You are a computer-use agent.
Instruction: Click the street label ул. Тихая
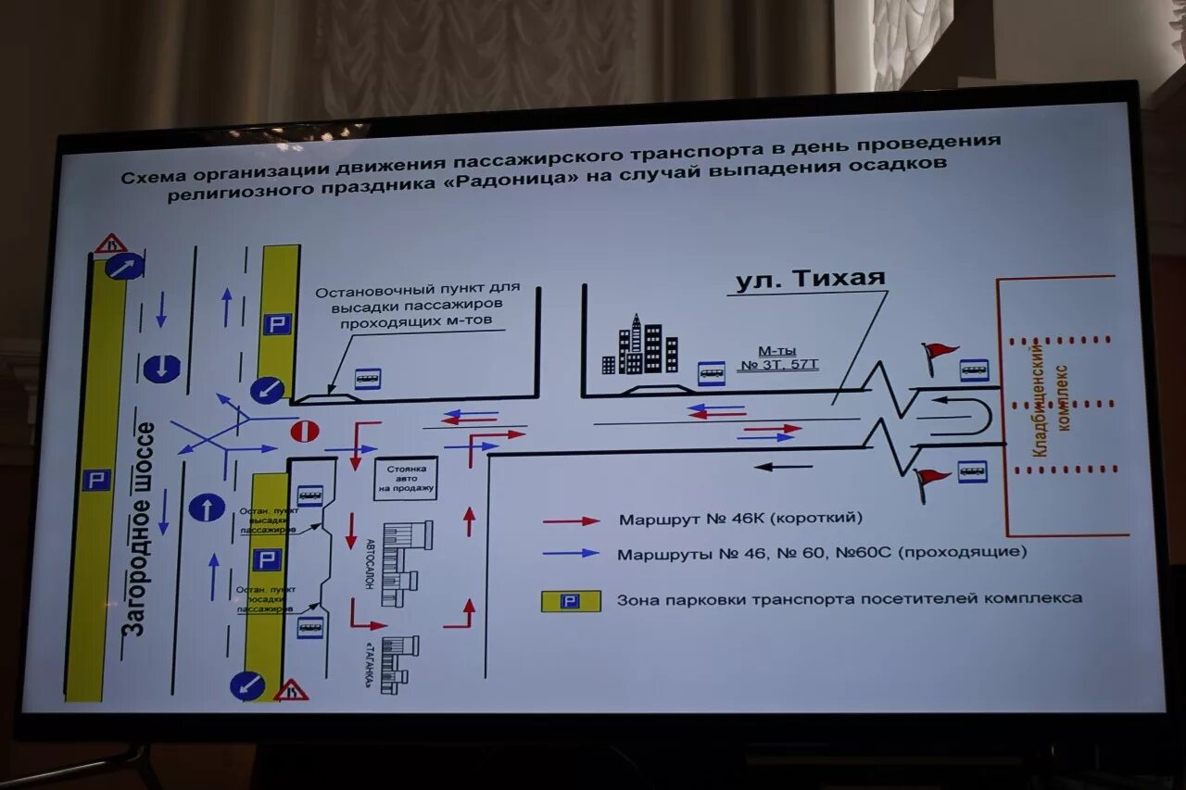[810, 279]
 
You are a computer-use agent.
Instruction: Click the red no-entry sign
[305, 432]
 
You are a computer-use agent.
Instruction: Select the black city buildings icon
[640, 346]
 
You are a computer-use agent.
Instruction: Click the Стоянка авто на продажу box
[406, 477]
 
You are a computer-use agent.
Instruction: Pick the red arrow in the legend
[571, 521]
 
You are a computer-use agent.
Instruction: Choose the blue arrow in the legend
[571, 554]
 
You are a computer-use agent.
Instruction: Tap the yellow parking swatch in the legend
[571, 601]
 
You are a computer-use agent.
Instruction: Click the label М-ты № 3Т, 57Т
[788, 357]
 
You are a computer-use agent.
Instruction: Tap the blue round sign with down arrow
[161, 368]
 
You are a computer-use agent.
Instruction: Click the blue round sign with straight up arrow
[206, 507]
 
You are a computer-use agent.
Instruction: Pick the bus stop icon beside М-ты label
[712, 372]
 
